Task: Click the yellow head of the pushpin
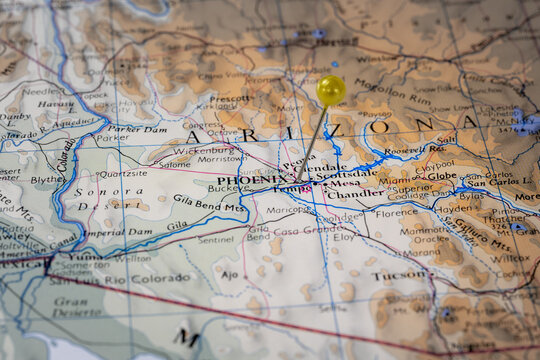point(331,90)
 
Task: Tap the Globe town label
point(441,176)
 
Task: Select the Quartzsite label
point(123,172)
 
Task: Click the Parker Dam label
point(136,128)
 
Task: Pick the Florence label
point(398,212)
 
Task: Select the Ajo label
point(230,273)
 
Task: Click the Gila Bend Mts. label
point(210,206)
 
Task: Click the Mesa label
point(344,183)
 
